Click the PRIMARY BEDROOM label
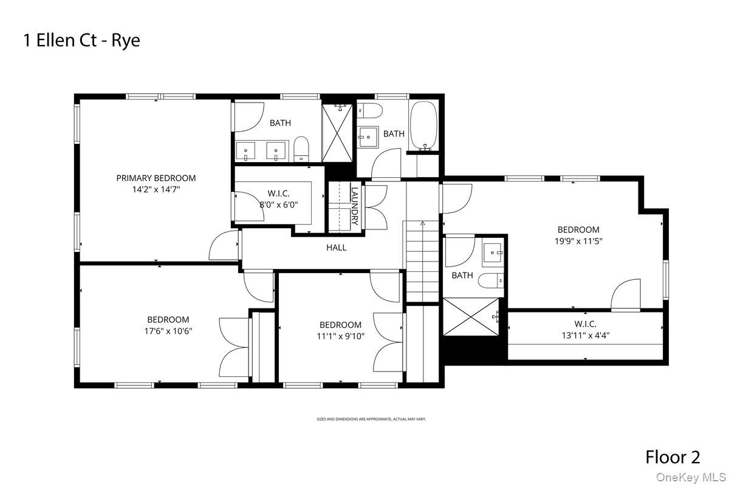click(x=156, y=178)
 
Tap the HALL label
click(x=336, y=248)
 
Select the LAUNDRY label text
click(x=354, y=206)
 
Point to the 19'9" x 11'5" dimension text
click(x=578, y=241)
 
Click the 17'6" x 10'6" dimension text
click(x=168, y=331)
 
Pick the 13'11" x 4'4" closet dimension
click(x=585, y=335)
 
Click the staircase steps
click(x=422, y=262)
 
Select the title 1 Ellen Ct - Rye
click(x=81, y=41)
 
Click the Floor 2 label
click(x=673, y=457)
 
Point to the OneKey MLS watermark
click(x=691, y=477)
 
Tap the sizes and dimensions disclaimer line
click(x=371, y=419)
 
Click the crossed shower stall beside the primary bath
click(x=337, y=133)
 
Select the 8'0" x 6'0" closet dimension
click(x=279, y=205)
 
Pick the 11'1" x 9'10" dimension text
click(x=340, y=336)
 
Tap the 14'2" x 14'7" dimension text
click(x=156, y=189)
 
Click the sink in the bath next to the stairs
click(x=493, y=253)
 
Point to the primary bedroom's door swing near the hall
click(x=224, y=245)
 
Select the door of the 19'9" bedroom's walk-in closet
click(x=626, y=294)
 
